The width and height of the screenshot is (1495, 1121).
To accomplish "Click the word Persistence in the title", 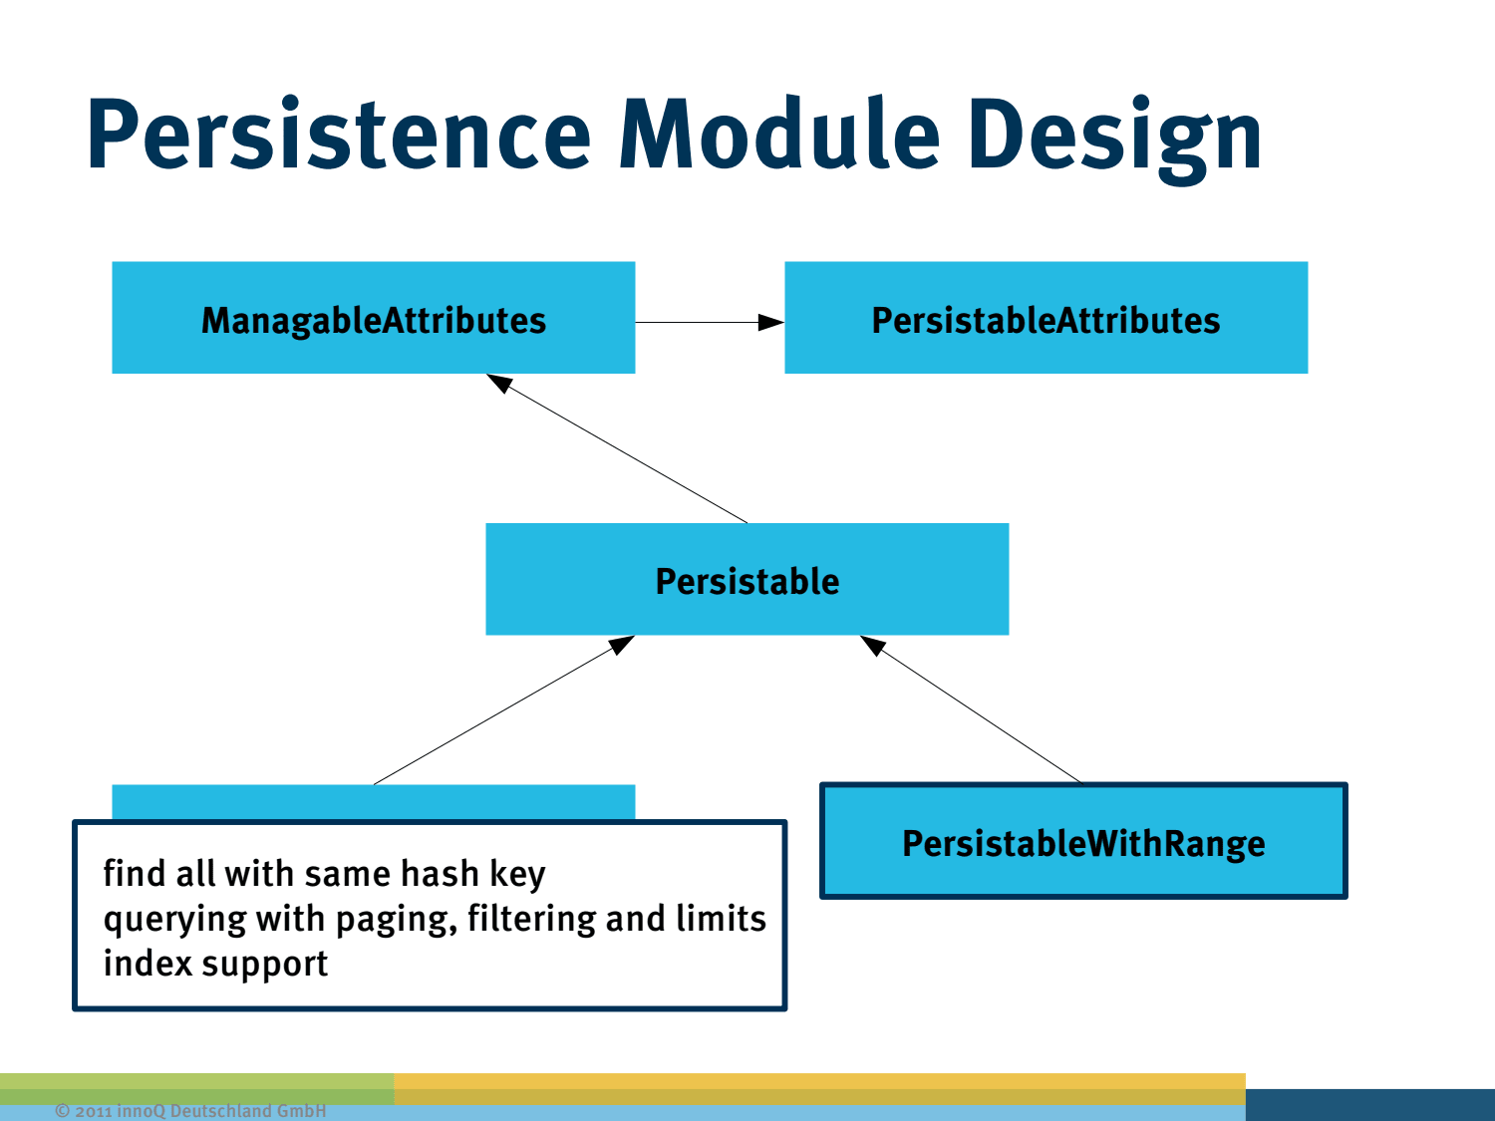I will tap(339, 135).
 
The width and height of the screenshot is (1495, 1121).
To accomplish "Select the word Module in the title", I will tap(779, 135).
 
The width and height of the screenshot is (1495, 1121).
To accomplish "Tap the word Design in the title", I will tap(1114, 135).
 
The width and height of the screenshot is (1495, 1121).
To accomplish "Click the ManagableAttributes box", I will tap(373, 318).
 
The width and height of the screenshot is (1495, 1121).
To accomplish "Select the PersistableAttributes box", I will tap(1046, 318).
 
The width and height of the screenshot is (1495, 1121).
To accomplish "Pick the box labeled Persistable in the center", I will tap(747, 579).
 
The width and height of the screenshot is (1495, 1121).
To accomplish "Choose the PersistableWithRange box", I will tap(1083, 842).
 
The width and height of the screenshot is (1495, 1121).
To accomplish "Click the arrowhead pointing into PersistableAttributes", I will tap(770, 322).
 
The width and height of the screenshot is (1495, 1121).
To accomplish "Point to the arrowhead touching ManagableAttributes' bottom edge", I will tap(499, 383).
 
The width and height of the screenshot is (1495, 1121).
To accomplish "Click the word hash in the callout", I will tap(440, 874).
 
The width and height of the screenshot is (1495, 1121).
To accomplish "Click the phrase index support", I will tap(215, 964).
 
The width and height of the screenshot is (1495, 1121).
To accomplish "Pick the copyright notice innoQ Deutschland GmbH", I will tap(190, 1110).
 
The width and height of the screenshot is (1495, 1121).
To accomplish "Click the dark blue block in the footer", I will tap(1369, 1104).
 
